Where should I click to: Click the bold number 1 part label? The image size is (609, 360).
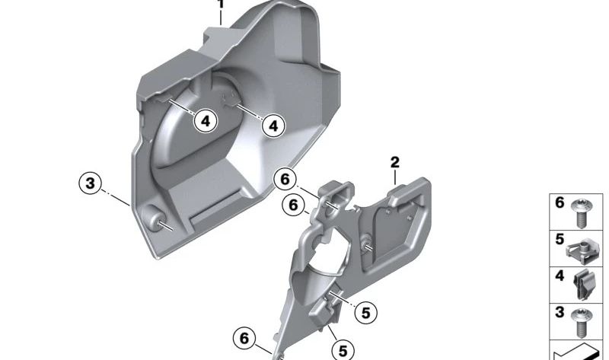221,4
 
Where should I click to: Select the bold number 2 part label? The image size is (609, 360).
394,162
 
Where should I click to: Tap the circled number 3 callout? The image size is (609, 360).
90,183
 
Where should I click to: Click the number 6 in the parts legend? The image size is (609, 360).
560,202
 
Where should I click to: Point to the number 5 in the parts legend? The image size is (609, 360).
560,239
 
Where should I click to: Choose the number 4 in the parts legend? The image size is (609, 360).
560,276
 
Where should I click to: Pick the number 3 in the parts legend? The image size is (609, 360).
560,312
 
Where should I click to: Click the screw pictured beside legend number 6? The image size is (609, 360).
581,213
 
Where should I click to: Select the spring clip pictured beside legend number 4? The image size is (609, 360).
584,285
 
